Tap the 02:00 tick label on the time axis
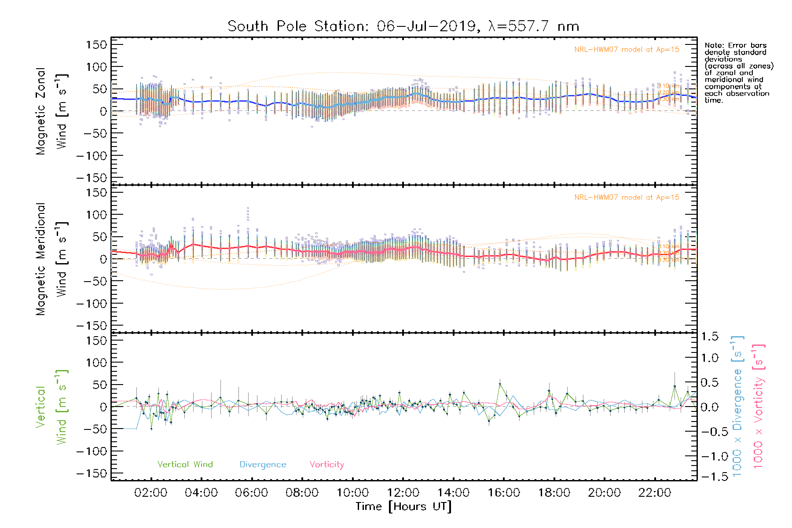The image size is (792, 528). [x=151, y=493]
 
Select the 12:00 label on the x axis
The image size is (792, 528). [x=403, y=493]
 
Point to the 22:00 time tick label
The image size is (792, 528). [x=655, y=493]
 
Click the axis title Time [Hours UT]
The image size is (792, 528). [x=403, y=506]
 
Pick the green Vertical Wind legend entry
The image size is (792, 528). [x=185, y=464]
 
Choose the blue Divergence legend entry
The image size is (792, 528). [x=263, y=465]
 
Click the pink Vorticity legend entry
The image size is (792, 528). [x=326, y=464]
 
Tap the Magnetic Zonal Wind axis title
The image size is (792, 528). [x=52, y=111]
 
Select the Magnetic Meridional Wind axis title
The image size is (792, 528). [x=52, y=259]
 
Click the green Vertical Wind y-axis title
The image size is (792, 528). [x=52, y=407]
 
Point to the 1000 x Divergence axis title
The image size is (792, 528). [x=737, y=407]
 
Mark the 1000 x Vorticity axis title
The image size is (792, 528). [x=758, y=407]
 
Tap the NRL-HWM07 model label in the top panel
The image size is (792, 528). [x=627, y=50]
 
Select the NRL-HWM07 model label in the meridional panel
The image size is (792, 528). [x=627, y=198]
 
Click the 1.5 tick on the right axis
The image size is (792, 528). [x=709, y=337]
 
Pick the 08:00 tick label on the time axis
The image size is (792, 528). [x=302, y=493]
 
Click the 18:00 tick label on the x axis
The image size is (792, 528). [x=554, y=493]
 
